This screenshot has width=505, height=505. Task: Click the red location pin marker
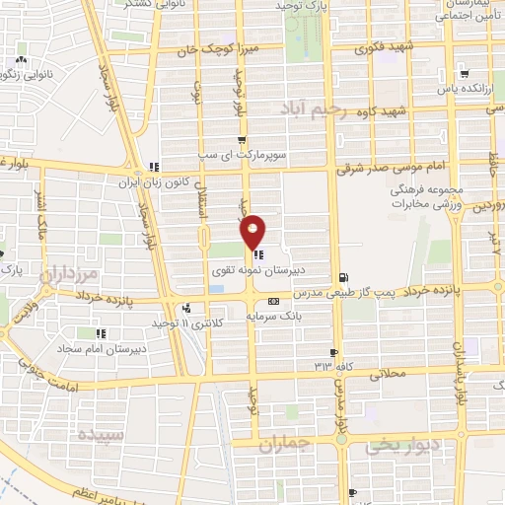(253, 232)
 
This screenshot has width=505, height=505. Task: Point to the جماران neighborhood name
(286, 445)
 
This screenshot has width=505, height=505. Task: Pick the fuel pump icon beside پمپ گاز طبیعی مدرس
(342, 278)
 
